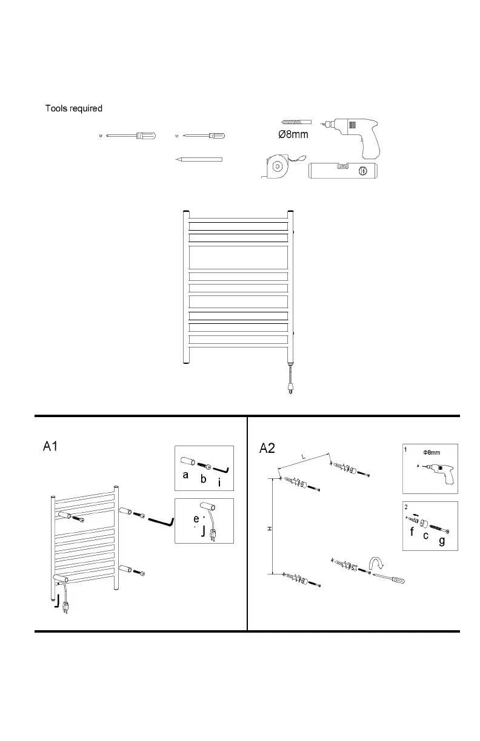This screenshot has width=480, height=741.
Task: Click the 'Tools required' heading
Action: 74,109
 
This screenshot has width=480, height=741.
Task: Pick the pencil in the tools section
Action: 199,160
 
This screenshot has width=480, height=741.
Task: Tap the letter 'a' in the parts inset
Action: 186,476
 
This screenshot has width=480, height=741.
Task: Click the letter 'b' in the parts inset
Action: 204,479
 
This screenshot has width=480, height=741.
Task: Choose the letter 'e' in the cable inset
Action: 196,519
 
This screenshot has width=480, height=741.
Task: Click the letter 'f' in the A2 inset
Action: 412,533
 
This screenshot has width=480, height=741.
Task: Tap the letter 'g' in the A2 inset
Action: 442,541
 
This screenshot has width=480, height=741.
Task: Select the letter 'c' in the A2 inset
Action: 426,536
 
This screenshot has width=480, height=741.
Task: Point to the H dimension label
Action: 270,529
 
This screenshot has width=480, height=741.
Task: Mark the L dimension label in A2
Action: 302,457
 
